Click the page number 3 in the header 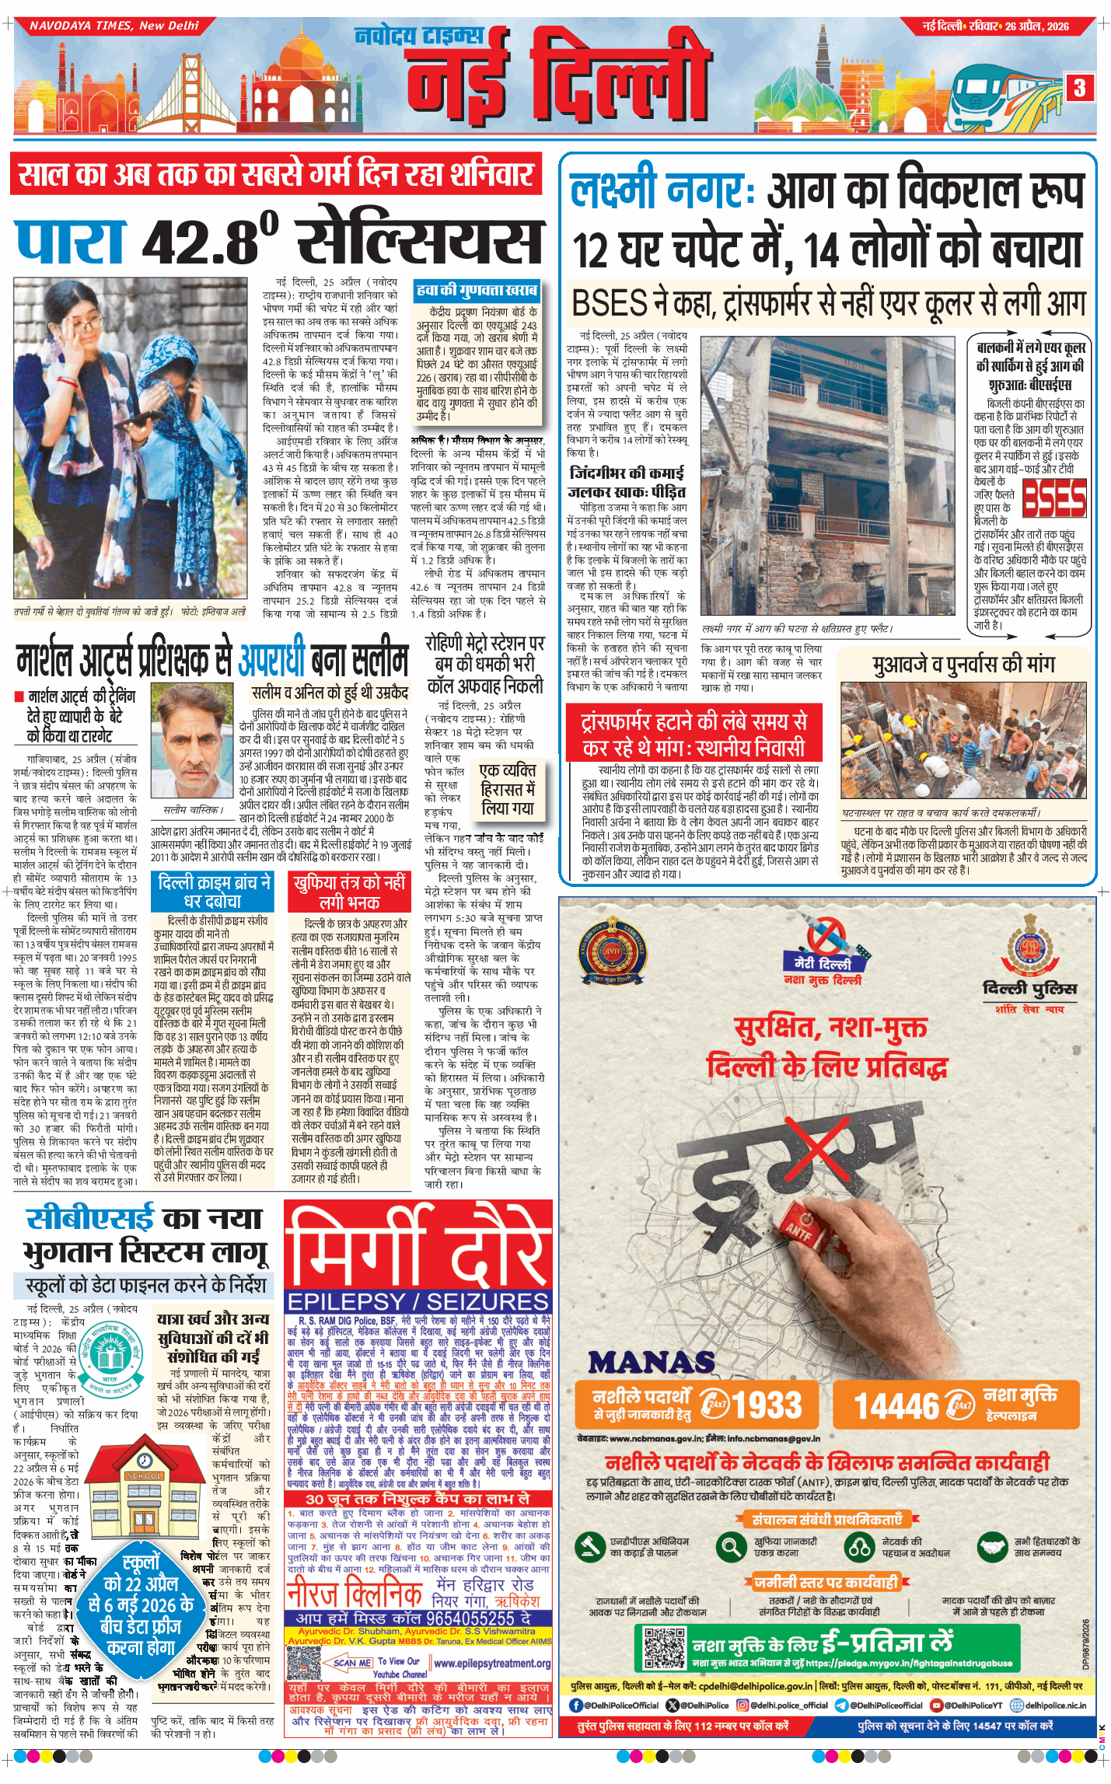click(1079, 88)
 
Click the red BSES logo click(1053, 498)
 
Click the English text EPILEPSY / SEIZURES click(418, 1302)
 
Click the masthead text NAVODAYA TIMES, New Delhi click(114, 26)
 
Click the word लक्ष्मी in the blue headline click(614, 192)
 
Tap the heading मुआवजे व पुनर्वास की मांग click(963, 665)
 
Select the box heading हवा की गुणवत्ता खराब click(477, 291)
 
